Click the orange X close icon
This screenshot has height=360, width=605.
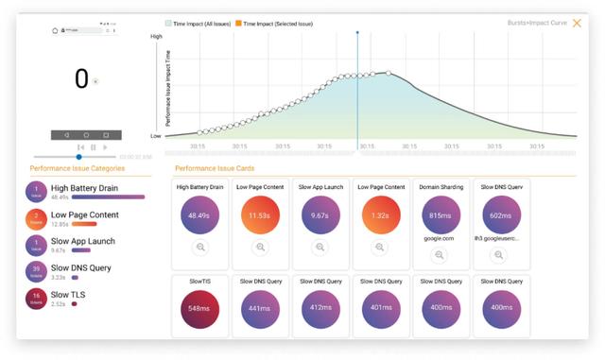[x=577, y=23]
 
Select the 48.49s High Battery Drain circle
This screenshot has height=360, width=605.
[x=200, y=214]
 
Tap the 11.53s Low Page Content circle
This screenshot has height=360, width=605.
[x=260, y=214]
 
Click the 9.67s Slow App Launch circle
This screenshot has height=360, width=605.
[x=320, y=214]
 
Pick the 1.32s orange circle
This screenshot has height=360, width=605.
[x=379, y=214]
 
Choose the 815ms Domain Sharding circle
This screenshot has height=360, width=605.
[x=440, y=214]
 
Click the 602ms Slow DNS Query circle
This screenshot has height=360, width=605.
[x=500, y=214]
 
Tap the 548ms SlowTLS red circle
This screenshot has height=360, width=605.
[x=200, y=308]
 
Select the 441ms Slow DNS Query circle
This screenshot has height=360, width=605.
[x=260, y=308]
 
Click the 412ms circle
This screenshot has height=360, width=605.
[x=320, y=308]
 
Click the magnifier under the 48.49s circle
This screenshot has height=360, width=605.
[x=200, y=248]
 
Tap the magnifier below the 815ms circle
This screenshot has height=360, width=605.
[x=440, y=255]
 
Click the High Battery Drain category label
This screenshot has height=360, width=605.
[x=84, y=188]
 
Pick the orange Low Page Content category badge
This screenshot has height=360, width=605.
[x=36, y=219]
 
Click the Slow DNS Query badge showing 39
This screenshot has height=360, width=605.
[x=36, y=272]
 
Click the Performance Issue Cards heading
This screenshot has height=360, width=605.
[x=215, y=168]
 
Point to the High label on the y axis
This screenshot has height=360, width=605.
[x=157, y=37]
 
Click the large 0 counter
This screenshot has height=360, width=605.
[x=81, y=79]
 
